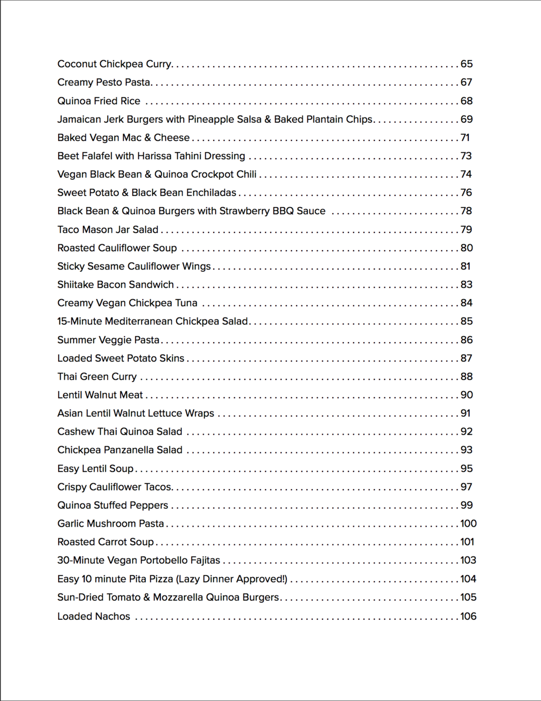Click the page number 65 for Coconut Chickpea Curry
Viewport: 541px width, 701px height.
(466, 64)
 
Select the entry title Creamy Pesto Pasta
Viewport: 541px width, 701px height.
(104, 82)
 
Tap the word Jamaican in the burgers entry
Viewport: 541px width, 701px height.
(79, 119)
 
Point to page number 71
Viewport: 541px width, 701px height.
(465, 138)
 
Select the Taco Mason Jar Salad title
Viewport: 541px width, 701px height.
(108, 230)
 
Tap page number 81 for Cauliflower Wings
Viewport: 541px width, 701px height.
(465, 266)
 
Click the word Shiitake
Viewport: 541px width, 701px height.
(75, 285)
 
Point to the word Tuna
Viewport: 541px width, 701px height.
(186, 303)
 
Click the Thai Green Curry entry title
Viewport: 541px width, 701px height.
(97, 377)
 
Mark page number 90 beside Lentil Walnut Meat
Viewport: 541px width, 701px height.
(466, 395)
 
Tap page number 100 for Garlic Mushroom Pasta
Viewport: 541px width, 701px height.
(468, 523)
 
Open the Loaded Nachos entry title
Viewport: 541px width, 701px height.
(94, 617)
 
